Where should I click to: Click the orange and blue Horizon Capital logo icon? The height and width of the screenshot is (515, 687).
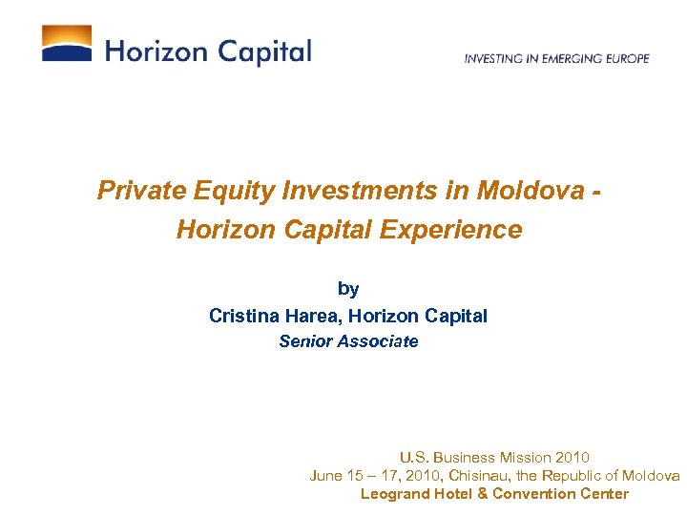(67, 44)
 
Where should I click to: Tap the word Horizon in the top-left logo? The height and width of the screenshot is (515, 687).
(155, 51)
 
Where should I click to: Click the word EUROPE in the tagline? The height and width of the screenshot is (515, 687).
(626, 58)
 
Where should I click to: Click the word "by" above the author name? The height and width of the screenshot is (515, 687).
(348, 289)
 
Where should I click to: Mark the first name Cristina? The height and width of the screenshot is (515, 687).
(244, 316)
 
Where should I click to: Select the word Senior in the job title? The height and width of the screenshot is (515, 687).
(305, 341)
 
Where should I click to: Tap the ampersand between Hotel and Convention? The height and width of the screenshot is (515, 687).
(483, 494)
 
